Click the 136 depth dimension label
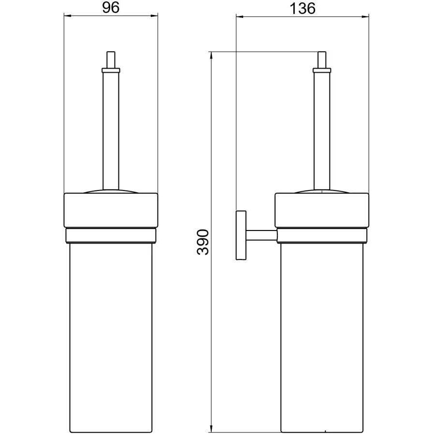tap(302, 9)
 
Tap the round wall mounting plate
tap(241, 235)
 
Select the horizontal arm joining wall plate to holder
tap(261, 235)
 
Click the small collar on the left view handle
tap(111, 70)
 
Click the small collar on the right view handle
tap(321, 70)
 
